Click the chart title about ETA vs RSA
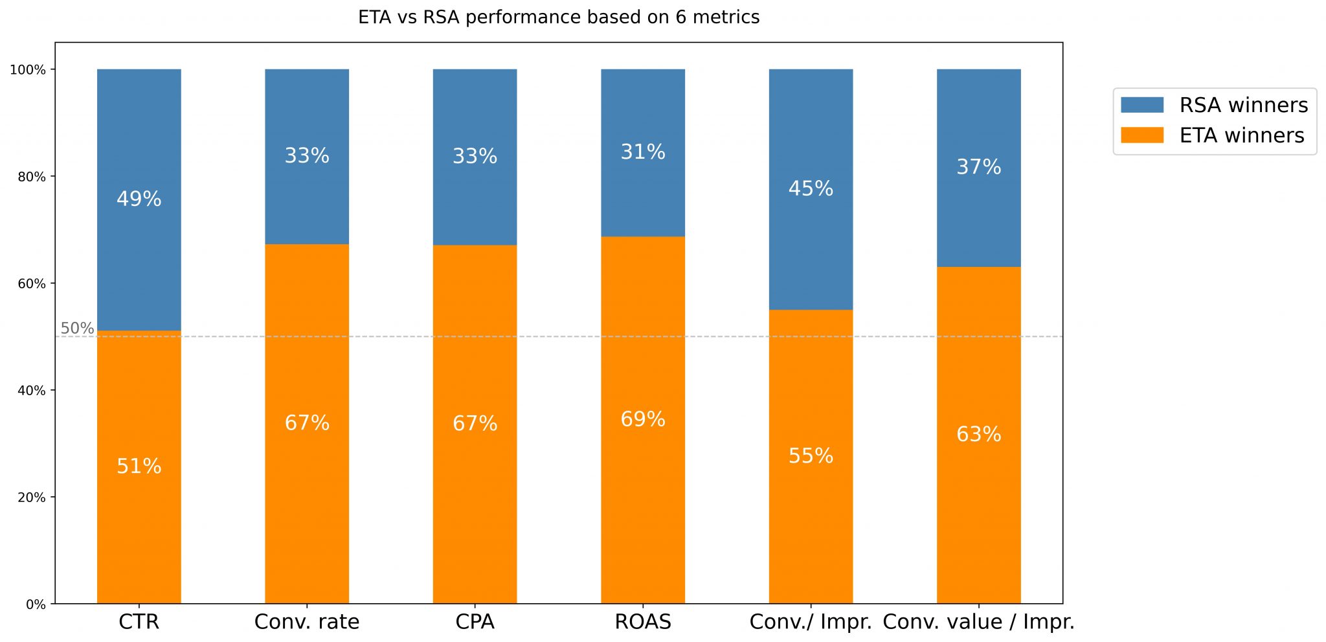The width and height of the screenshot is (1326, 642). point(558,17)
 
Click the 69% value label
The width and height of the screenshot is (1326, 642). point(642,420)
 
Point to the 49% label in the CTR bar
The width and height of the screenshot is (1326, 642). point(139,199)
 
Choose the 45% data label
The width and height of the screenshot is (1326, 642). point(810,189)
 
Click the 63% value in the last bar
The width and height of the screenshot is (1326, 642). point(978,434)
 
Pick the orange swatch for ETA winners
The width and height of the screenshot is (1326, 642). point(1141,135)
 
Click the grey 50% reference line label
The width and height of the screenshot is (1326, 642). point(77,328)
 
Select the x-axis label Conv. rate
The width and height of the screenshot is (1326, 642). point(306,622)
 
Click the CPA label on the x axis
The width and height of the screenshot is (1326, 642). point(475,622)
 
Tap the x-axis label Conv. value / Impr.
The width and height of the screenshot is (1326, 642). point(978,622)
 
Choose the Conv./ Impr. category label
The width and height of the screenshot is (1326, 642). point(810,622)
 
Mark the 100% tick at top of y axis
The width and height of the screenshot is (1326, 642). point(28,70)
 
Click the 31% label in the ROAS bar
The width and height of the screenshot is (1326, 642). point(642,152)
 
